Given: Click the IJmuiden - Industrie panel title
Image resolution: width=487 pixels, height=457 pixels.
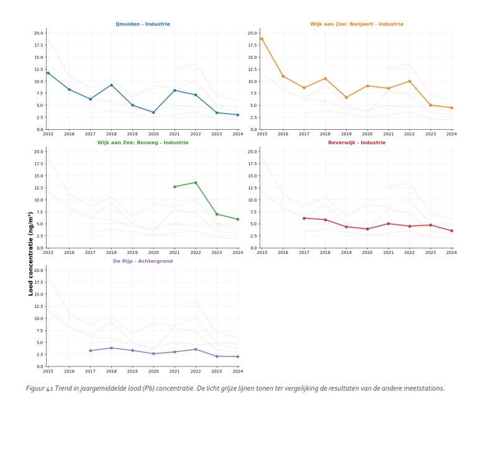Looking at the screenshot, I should coord(142,24).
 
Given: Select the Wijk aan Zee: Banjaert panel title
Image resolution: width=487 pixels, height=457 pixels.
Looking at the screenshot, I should coord(357,24).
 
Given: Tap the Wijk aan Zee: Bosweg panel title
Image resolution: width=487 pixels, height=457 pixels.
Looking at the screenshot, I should coord(142,143).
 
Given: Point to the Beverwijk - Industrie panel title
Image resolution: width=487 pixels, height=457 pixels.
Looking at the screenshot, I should coord(357,143).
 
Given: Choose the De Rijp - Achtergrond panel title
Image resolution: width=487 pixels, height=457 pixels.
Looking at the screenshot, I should coord(142,261).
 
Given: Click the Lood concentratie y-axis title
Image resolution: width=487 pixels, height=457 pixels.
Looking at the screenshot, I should coord(30,253).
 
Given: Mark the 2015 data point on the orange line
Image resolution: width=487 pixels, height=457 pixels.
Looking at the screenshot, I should coord(262,38).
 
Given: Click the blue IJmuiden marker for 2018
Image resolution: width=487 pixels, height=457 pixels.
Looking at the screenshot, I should coord(111,85).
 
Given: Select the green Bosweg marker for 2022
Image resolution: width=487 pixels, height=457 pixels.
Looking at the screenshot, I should coord(196,183).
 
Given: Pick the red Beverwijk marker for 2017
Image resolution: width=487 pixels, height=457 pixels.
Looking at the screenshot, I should coord(304,218).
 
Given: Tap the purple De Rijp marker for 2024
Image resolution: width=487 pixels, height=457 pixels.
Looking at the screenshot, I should coord(238,356).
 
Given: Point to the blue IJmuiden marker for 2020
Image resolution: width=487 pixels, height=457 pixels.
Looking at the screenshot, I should coord(153,112).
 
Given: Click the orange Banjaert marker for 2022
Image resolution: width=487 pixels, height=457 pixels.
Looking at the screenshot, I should coord(409,81).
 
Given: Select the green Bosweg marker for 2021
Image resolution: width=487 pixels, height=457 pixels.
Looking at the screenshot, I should coord(175,187).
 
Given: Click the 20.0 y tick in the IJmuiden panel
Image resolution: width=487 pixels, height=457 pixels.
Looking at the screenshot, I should coord(39,33).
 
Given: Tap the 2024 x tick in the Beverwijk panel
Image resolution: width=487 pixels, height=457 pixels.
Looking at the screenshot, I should coord(452,253).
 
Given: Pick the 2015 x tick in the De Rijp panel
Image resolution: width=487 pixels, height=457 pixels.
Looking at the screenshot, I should coord(48,371).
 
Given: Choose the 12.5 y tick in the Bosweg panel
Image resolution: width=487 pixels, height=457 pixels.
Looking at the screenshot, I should coord(39,188).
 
